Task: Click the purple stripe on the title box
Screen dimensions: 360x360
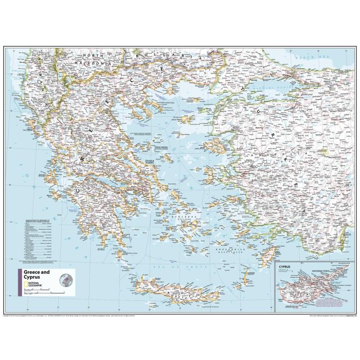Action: pyautogui.click(x=20, y=282)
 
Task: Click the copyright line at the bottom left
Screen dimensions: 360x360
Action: pyautogui.click(x=51, y=315)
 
